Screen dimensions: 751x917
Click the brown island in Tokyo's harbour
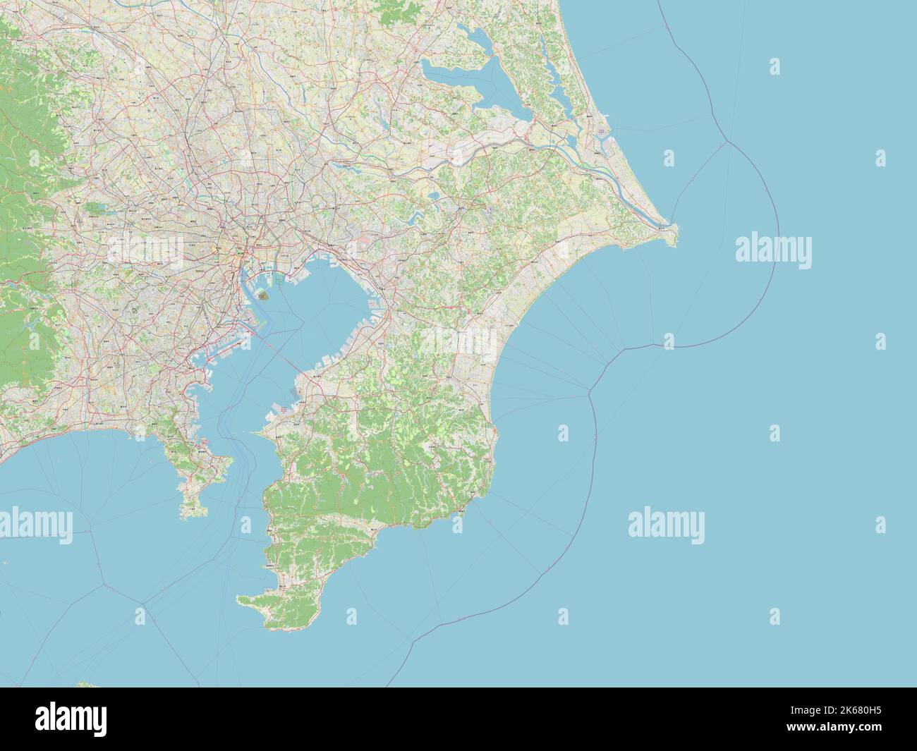coord(262,298)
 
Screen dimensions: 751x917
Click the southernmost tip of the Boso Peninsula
coord(272,627)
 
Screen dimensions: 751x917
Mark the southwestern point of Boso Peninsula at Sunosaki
coord(240,601)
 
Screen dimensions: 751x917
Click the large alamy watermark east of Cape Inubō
coord(773,250)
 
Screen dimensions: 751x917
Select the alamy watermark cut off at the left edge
coord(35,523)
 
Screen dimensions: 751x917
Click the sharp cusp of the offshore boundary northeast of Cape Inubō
coord(726,142)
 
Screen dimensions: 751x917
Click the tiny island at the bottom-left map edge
coord(85,685)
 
